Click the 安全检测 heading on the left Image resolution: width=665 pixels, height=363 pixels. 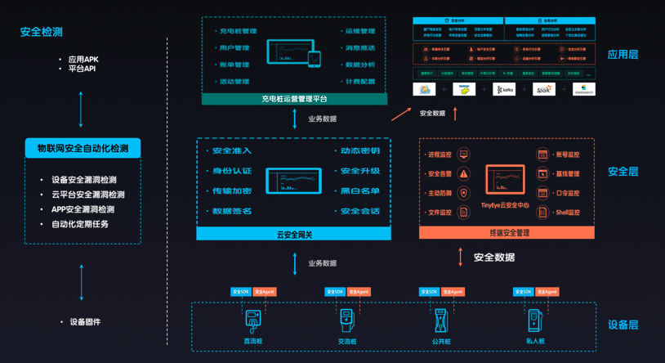click(x=42, y=32)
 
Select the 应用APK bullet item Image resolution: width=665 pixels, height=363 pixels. click(x=83, y=60)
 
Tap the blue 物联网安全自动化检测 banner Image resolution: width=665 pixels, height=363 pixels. click(x=83, y=148)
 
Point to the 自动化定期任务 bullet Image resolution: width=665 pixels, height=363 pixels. click(x=80, y=224)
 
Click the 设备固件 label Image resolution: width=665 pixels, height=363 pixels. click(x=85, y=322)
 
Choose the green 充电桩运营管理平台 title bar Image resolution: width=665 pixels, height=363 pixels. click(x=294, y=99)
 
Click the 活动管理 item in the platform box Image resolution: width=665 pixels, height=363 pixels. click(x=234, y=82)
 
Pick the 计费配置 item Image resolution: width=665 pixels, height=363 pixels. click(x=359, y=82)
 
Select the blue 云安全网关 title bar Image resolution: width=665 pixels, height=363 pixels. click(x=294, y=235)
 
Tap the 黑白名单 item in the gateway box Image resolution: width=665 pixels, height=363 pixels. click(x=360, y=191)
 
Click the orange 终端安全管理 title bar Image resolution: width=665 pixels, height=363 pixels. click(x=507, y=233)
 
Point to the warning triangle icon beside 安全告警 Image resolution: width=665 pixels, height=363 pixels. click(x=464, y=173)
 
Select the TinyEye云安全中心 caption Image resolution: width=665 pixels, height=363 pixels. click(x=505, y=205)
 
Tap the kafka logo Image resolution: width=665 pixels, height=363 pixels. click(x=504, y=90)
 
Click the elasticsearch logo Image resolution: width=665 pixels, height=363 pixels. click(x=583, y=90)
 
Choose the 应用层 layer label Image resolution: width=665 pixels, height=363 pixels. click(x=623, y=55)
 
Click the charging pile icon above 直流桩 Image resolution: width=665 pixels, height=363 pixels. click(x=253, y=319)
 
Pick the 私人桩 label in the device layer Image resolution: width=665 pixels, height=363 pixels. click(x=535, y=341)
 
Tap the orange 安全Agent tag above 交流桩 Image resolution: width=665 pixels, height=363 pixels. click(x=359, y=292)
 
